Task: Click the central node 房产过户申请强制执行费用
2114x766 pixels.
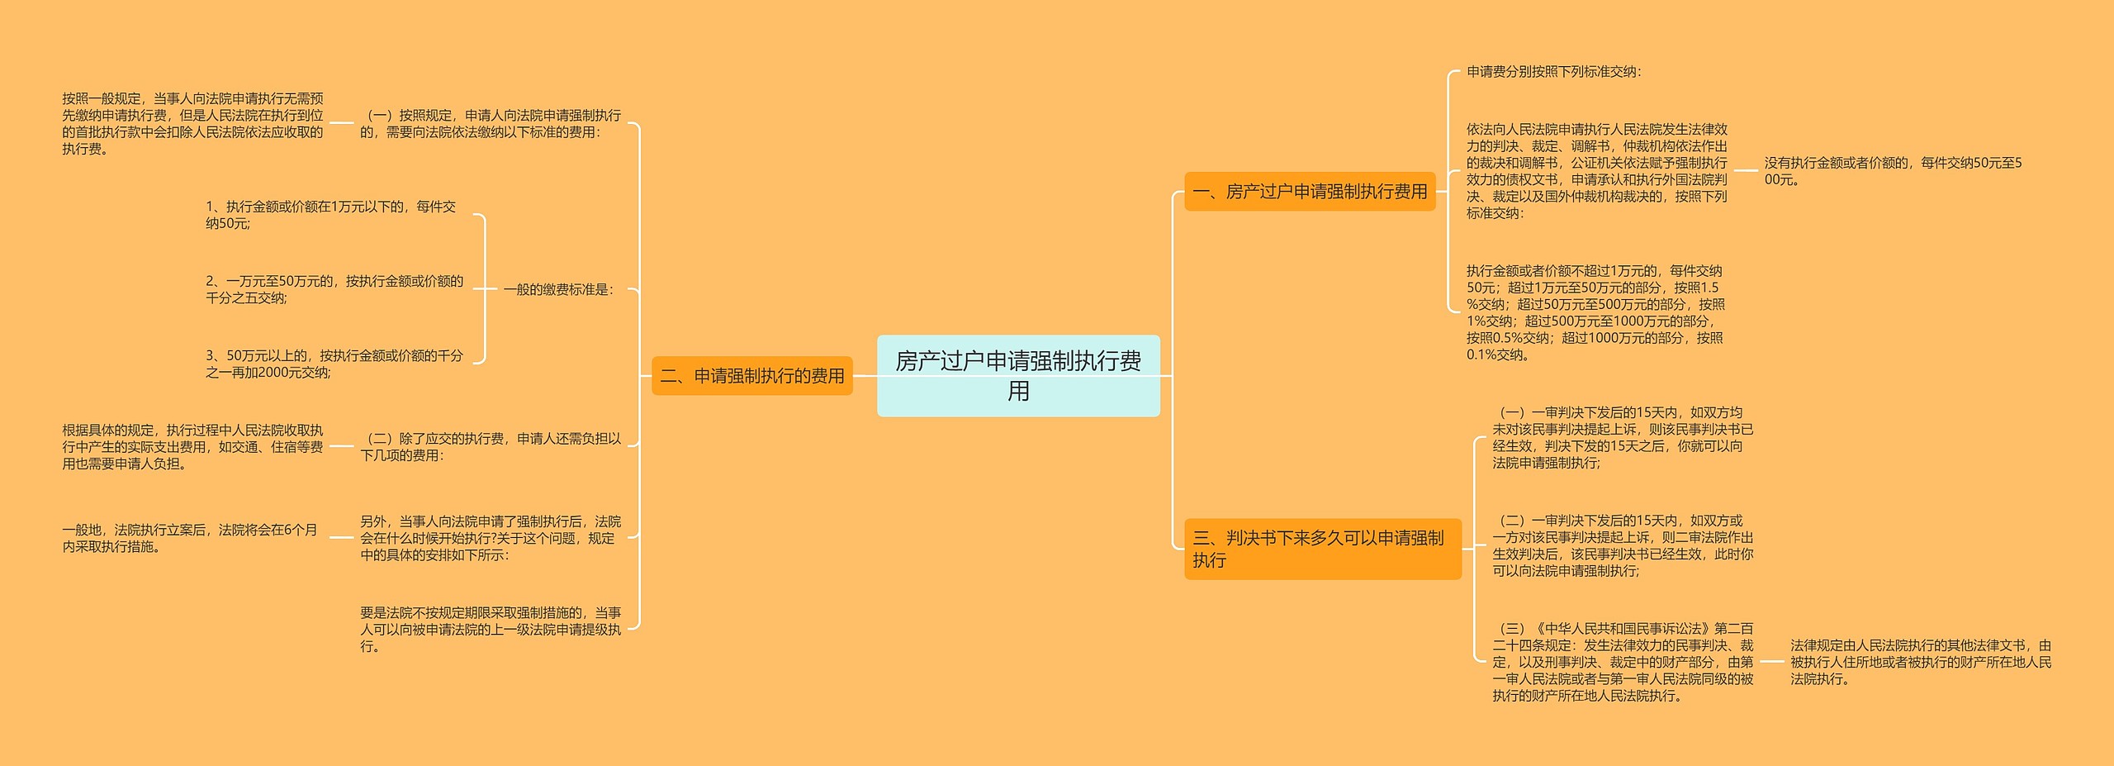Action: (x=1017, y=375)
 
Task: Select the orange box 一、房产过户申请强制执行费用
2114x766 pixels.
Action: (x=1309, y=192)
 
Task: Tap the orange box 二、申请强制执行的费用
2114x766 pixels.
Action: (x=751, y=376)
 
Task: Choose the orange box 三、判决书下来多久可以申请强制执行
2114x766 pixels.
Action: (x=1321, y=549)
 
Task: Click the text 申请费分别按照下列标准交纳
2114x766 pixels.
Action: (x=1553, y=72)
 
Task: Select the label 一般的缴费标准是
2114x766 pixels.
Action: (x=559, y=290)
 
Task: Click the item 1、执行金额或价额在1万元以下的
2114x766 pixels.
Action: (x=330, y=215)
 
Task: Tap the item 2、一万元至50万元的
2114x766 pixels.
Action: (x=334, y=289)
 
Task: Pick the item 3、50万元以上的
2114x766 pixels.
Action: (x=334, y=364)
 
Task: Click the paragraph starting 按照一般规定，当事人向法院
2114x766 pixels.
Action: (x=192, y=124)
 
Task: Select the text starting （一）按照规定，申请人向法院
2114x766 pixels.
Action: (x=490, y=124)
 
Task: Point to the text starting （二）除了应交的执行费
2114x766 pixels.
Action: (x=490, y=447)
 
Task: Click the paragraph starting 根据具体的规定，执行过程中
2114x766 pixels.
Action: (x=192, y=447)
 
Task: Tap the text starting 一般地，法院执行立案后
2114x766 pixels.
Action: (x=190, y=538)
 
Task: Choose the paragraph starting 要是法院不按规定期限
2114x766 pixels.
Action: (x=490, y=629)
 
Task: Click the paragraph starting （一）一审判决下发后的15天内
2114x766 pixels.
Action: (x=1622, y=438)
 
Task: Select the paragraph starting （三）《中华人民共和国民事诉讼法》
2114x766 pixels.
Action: (x=1622, y=662)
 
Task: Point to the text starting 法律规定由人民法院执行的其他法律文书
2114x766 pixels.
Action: (x=1920, y=662)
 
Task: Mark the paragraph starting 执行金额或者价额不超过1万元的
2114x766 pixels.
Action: (x=1595, y=312)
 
